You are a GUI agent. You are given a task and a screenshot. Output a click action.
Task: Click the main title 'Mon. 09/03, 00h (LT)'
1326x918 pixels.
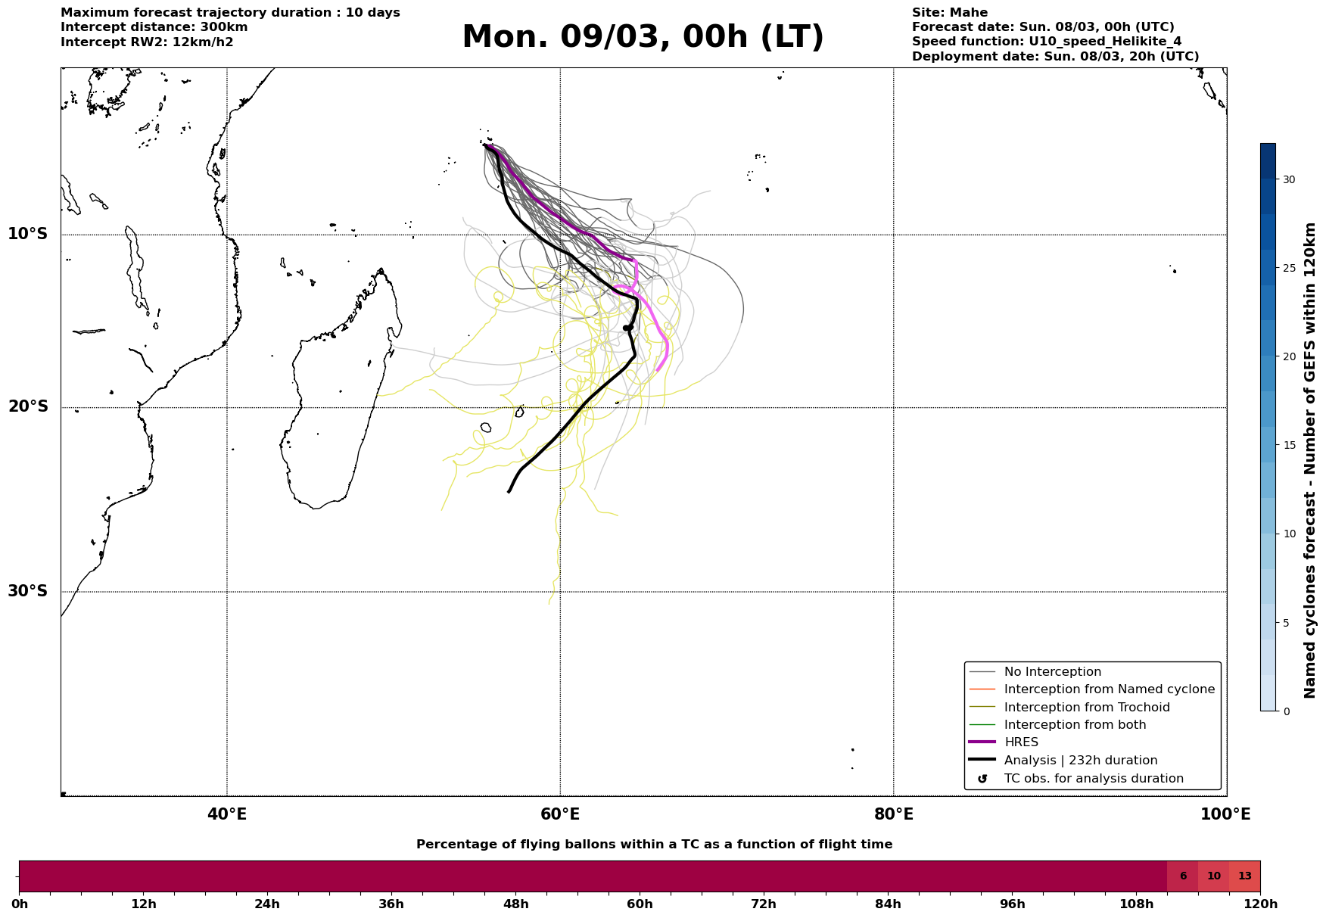coord(643,38)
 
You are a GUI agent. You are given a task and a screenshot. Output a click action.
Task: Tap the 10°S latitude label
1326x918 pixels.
coord(28,234)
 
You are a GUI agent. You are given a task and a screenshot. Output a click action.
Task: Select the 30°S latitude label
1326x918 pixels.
coord(28,591)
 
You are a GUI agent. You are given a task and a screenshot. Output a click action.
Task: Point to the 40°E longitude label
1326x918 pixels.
coord(227,814)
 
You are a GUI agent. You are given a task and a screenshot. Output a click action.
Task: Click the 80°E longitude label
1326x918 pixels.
coord(893,814)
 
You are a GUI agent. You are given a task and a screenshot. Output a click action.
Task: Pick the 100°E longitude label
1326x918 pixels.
coord(1225,814)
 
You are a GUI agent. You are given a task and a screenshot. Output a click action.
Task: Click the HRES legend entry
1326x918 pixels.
coord(1021,742)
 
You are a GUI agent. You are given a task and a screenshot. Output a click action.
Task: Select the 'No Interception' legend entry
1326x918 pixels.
coord(1052,672)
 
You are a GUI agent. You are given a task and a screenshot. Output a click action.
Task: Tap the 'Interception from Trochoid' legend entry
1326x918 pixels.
coord(1086,708)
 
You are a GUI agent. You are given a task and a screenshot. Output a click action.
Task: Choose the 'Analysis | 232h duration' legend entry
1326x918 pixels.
coord(1080,761)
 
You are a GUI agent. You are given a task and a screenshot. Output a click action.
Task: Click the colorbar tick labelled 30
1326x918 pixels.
coord(1289,179)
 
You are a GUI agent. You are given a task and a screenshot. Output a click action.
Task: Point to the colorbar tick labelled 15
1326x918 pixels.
coord(1289,445)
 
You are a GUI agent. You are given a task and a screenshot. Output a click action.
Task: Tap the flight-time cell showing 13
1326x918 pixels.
coord(1245,876)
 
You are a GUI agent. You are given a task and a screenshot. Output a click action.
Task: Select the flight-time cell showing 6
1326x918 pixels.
coord(1183,876)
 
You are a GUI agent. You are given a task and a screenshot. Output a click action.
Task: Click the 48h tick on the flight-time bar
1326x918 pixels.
coord(516,904)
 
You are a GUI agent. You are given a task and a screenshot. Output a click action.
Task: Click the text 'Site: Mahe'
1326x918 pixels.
coord(950,13)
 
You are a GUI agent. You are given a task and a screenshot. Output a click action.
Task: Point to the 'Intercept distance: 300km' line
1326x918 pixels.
coord(154,27)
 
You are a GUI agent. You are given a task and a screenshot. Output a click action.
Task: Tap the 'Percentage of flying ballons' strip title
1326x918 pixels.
coord(654,845)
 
